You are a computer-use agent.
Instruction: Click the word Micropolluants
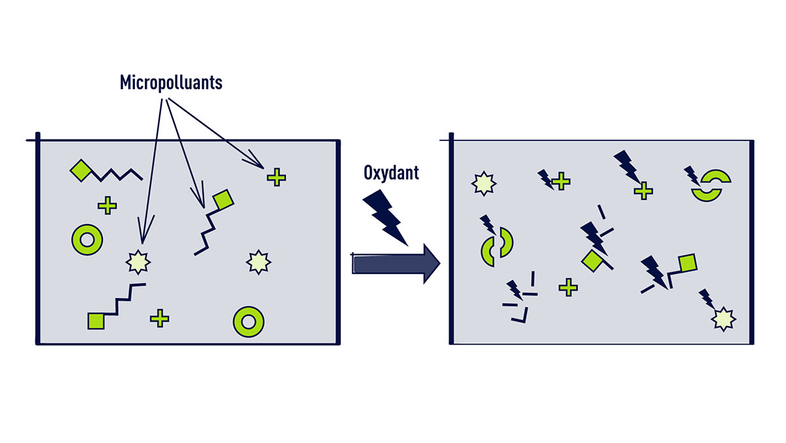(171, 83)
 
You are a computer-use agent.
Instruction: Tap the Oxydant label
(390, 173)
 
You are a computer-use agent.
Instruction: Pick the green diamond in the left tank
(80, 170)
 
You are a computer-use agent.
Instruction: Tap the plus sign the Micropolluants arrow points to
(276, 176)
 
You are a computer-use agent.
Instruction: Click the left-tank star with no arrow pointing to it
(257, 261)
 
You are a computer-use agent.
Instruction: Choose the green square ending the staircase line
(96, 320)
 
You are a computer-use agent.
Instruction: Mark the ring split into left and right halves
(496, 246)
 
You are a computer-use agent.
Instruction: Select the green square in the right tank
(686, 263)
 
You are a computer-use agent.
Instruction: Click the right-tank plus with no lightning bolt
(568, 286)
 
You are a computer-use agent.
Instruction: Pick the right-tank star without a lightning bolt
(482, 183)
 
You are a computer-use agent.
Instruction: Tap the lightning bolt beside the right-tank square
(656, 270)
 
